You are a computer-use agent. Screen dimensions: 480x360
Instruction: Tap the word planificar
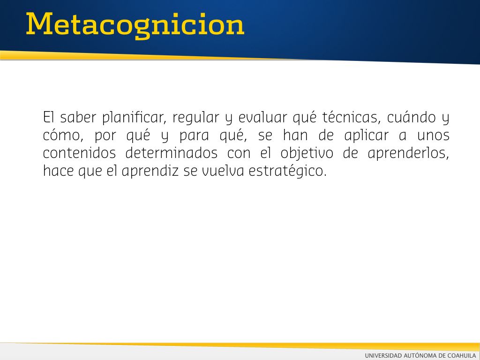(x=134, y=118)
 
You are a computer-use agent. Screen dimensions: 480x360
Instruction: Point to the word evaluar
(x=262, y=118)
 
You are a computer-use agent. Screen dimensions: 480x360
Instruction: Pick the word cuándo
(x=412, y=118)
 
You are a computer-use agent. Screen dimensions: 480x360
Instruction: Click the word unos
(x=433, y=135)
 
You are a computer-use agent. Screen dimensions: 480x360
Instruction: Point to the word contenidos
(x=79, y=153)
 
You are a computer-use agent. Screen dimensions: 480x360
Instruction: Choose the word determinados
(x=172, y=153)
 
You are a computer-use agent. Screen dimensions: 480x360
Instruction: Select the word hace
(x=58, y=171)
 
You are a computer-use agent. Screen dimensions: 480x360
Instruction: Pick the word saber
(x=78, y=118)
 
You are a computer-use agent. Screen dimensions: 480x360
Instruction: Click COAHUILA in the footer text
(x=461, y=355)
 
